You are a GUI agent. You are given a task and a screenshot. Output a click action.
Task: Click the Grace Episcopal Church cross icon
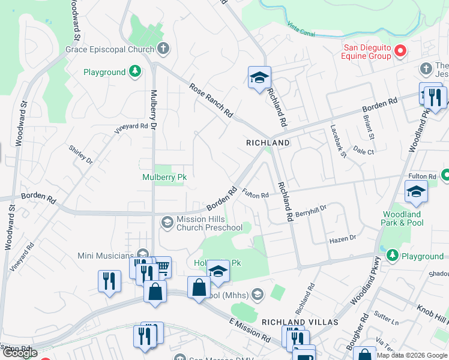pos(162,49)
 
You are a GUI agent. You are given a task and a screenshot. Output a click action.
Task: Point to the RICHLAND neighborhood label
pos(268,143)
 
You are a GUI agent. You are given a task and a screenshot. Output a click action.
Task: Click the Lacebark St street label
pos(339,142)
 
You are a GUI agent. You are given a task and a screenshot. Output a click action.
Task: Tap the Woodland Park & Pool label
pos(403,218)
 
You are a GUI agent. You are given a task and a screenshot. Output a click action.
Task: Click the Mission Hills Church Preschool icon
pos(167,223)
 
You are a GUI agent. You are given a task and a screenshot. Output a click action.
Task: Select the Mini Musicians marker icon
pos(142,254)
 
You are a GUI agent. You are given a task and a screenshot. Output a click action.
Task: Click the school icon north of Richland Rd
pos(259,77)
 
